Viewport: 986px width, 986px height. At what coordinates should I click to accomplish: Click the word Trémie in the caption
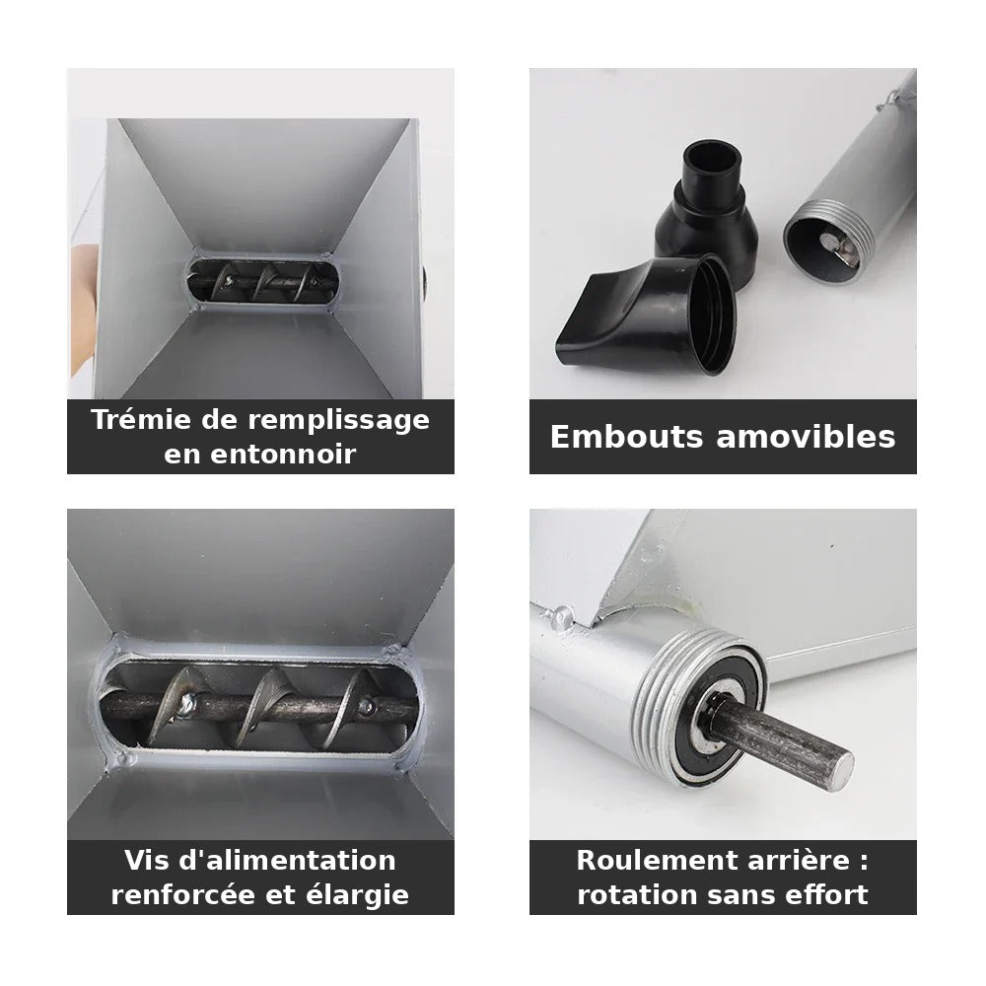point(140,419)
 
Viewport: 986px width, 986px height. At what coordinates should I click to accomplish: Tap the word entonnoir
point(283,454)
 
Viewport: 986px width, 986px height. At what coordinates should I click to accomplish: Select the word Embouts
point(626,437)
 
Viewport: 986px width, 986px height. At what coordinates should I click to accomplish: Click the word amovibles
point(807,437)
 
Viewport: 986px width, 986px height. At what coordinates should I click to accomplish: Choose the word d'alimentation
point(287,860)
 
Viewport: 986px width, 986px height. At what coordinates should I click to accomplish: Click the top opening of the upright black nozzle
point(711,160)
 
